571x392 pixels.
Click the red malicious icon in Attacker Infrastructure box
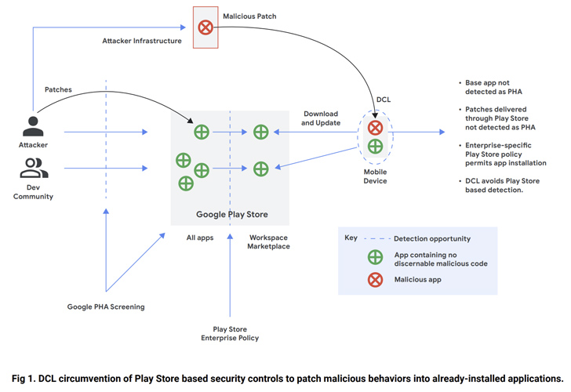point(205,27)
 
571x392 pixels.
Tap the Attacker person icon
point(33,125)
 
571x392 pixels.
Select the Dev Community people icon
point(33,167)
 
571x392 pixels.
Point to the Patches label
point(59,90)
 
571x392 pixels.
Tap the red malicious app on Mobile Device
point(376,128)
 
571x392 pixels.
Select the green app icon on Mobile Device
point(376,147)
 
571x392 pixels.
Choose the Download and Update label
point(323,118)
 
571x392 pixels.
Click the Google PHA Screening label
point(105,307)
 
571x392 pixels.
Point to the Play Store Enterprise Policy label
point(230,333)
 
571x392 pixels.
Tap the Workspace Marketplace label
point(269,241)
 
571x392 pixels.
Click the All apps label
point(201,236)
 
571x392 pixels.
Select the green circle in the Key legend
point(374,256)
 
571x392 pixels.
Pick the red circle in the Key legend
point(374,278)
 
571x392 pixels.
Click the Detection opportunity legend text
point(431,238)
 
